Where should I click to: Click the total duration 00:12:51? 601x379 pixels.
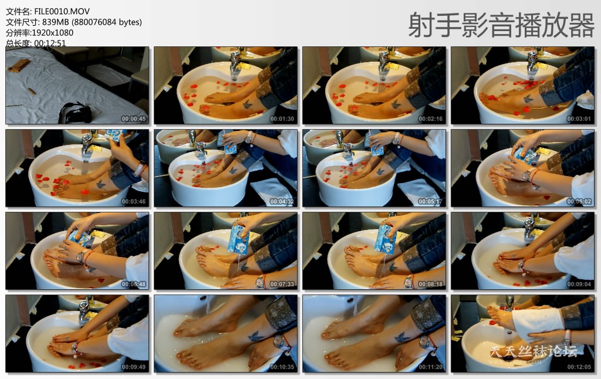click(x=50, y=43)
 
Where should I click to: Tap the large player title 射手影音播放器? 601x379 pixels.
click(x=501, y=25)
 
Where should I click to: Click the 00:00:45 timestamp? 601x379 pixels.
click(x=134, y=119)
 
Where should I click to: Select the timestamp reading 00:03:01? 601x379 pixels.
click(x=579, y=119)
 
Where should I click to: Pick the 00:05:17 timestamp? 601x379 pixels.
click(x=430, y=201)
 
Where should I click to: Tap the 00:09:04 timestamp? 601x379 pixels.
click(x=579, y=284)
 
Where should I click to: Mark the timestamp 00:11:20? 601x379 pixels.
click(x=430, y=367)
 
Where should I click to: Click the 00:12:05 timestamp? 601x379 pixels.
click(x=579, y=367)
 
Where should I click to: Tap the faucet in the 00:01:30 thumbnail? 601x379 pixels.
click(x=235, y=62)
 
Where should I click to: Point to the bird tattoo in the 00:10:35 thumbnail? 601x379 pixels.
click(x=254, y=337)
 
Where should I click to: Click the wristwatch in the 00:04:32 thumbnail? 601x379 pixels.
click(x=249, y=138)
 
